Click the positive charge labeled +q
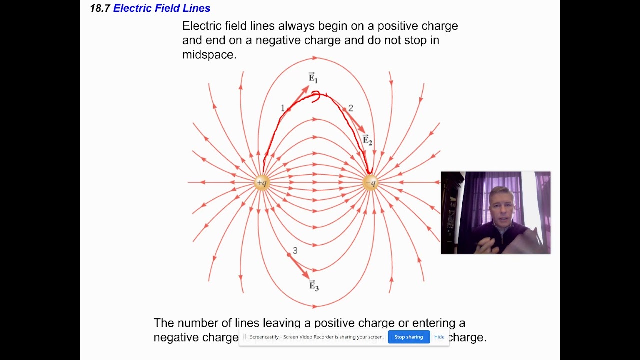262,183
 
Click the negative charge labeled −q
370,183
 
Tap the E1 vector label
313,77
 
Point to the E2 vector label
367,140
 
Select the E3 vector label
314,286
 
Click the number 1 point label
282,108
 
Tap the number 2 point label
351,108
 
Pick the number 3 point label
295,251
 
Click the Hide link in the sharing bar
439,337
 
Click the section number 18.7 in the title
100,8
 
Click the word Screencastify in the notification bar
264,337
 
